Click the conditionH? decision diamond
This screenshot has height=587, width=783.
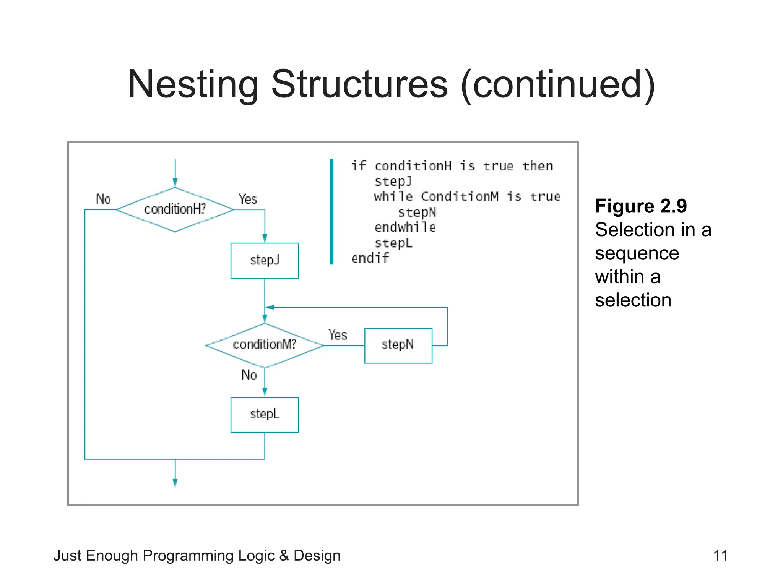(x=175, y=209)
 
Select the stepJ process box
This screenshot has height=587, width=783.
(x=265, y=261)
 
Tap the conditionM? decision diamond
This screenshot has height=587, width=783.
(x=265, y=345)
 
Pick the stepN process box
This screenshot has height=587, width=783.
(x=398, y=345)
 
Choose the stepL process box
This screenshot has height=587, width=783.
(x=265, y=415)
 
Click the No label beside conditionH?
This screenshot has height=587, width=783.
(x=103, y=199)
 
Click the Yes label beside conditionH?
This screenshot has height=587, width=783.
(x=248, y=199)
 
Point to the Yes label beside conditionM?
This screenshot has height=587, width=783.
(x=338, y=335)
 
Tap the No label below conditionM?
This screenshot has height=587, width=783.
(x=249, y=375)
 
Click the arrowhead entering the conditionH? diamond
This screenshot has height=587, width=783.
(x=175, y=182)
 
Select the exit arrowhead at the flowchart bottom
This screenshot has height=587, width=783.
(x=175, y=483)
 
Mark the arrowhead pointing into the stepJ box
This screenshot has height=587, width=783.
(x=265, y=238)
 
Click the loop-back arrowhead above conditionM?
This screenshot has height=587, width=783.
(x=270, y=307)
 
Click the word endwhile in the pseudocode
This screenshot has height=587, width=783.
(x=405, y=227)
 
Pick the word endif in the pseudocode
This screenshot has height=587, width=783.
(x=370, y=258)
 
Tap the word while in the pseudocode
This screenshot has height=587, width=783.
(x=393, y=196)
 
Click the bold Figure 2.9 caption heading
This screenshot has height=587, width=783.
(x=641, y=206)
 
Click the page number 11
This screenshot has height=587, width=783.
(x=720, y=555)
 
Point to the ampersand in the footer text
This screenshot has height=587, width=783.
(x=284, y=556)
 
